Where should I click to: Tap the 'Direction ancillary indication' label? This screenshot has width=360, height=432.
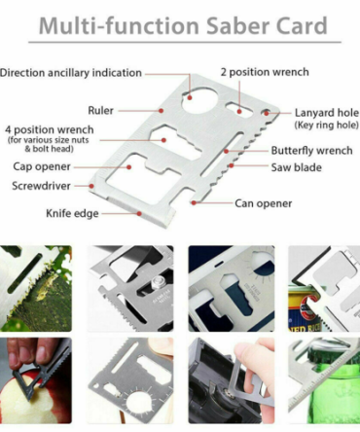pos(71,73)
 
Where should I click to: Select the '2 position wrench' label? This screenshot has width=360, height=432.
pos(265,72)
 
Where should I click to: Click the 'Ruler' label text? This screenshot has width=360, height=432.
pos(100,111)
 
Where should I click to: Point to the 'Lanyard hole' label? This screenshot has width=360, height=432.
pos(327,113)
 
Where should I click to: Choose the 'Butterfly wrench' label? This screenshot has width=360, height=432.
pos(311,151)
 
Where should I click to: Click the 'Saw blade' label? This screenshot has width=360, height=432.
pos(297,167)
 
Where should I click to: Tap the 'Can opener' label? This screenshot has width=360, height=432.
pos(264,203)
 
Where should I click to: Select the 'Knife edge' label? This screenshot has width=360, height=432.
pos(72,214)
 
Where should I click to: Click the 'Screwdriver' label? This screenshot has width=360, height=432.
pos(41,186)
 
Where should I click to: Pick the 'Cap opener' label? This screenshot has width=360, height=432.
pos(42,166)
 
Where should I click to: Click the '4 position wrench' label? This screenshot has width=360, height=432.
pos(50,130)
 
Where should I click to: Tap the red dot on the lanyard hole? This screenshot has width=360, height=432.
pos(267,113)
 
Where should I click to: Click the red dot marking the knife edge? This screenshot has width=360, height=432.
pos(139,214)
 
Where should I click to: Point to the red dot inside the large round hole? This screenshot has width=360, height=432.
pos(190,97)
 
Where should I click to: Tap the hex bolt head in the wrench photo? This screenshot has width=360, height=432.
pos(159,282)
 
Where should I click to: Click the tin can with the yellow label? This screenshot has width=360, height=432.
pos(304,308)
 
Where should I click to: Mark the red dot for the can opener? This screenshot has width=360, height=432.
pos(194,202)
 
